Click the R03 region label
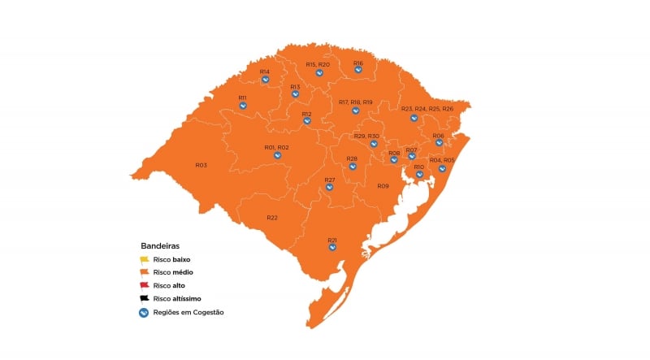tap(201, 165)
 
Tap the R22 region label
tap(272, 218)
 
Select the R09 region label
tap(383, 186)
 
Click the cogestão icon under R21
tap(332, 248)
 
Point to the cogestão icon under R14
tap(266, 80)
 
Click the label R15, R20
tap(318, 65)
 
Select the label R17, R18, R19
tap(355, 102)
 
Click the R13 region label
tap(295, 87)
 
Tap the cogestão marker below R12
tap(307, 121)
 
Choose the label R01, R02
tap(277, 147)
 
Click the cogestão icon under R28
tap(353, 167)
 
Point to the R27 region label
tap(330, 180)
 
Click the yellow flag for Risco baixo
tap(145, 259)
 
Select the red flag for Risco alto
tap(145, 285)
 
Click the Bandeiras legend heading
tap(160, 245)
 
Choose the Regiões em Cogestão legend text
tap(188, 312)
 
